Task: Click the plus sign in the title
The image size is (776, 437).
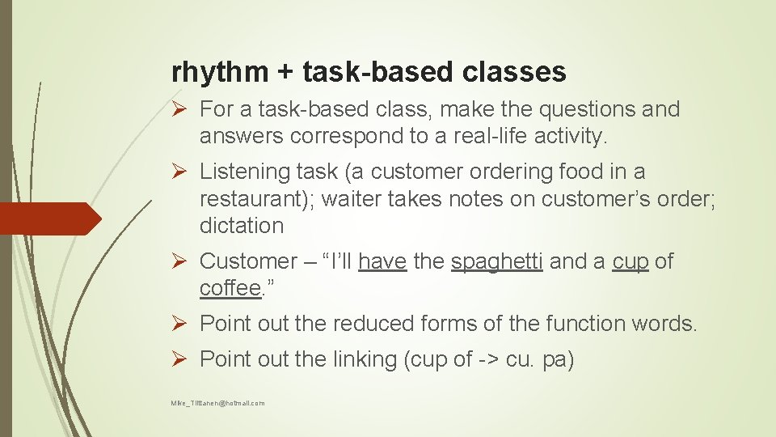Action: pyautogui.click(x=285, y=73)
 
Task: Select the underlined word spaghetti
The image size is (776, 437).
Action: pyautogui.click(x=497, y=261)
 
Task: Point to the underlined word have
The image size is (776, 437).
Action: pyautogui.click(x=382, y=261)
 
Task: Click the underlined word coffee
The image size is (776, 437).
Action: pyautogui.click(x=229, y=289)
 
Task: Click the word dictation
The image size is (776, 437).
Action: pyautogui.click(x=242, y=226)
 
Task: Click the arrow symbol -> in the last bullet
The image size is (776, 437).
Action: pyautogui.click(x=488, y=359)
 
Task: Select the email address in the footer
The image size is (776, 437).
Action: pyautogui.click(x=217, y=402)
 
